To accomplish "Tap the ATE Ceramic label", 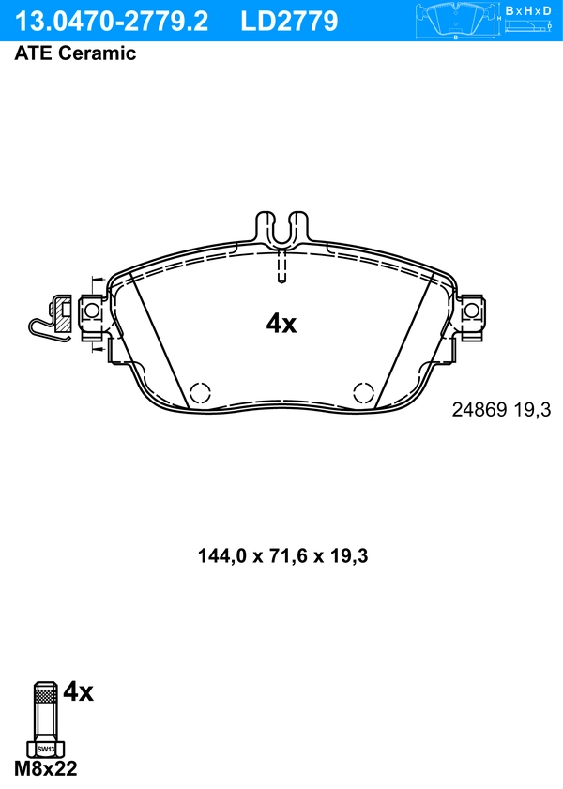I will (x=75, y=53).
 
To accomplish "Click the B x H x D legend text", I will (x=527, y=10).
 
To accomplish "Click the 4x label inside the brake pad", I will (x=281, y=325).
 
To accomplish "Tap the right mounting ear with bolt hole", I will (x=471, y=311).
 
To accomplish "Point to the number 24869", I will (x=479, y=410).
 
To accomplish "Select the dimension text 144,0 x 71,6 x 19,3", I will (x=281, y=556).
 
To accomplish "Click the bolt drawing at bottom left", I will (x=45, y=718).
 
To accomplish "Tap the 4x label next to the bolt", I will (x=79, y=693).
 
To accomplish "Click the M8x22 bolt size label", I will (x=46, y=769).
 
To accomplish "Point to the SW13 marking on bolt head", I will (x=45, y=750).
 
